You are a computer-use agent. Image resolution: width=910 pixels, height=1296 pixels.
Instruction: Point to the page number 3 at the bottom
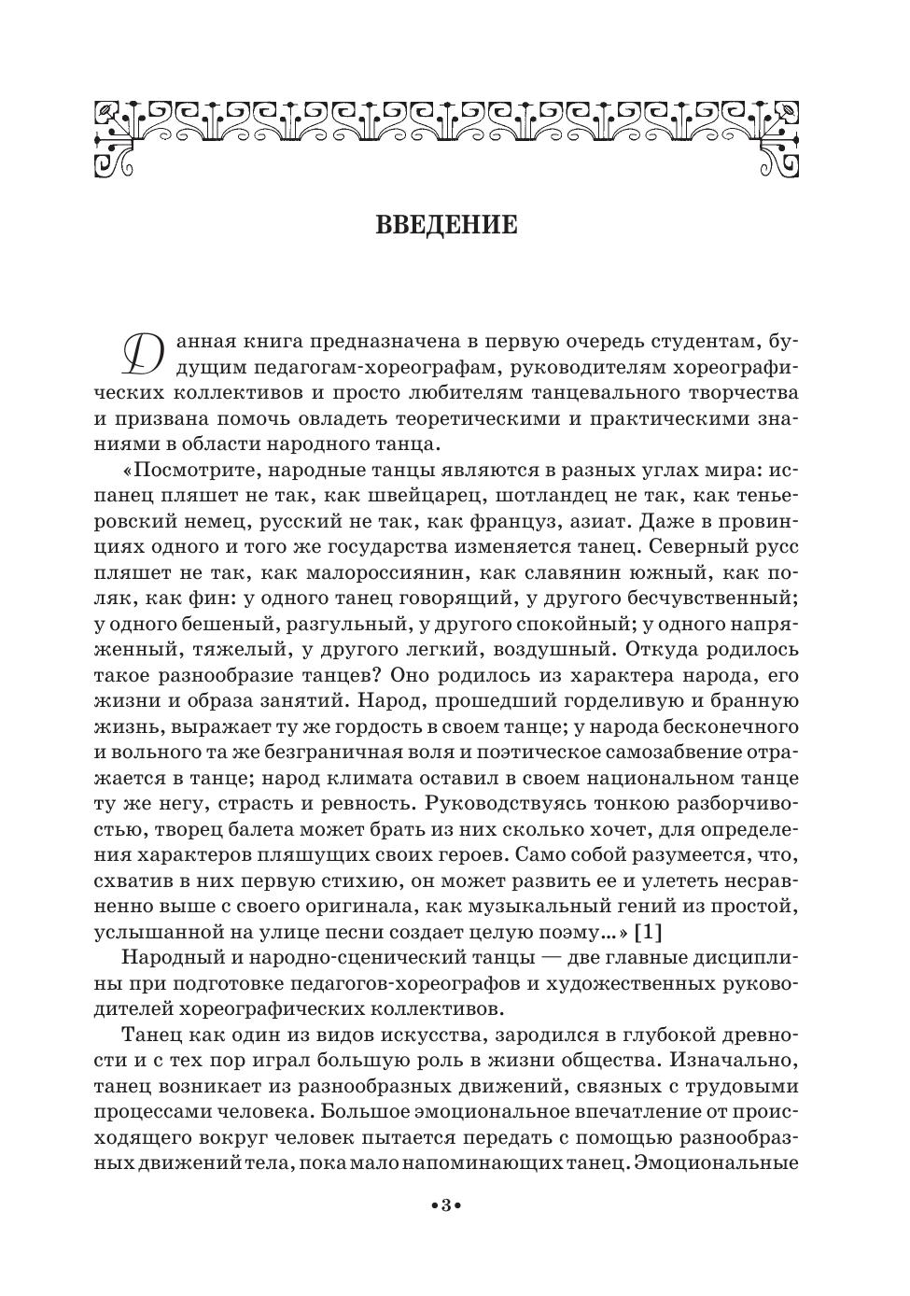tap(446, 1207)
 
